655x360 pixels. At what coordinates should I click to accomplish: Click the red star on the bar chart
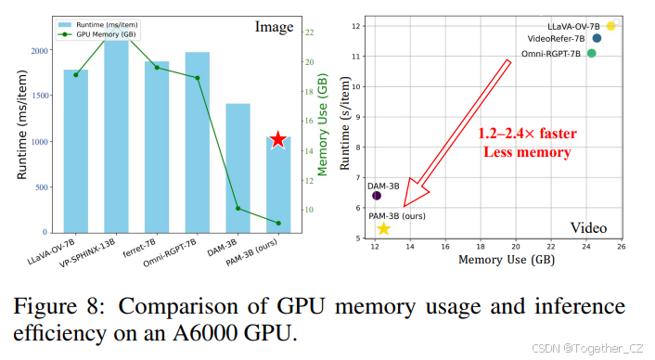(x=277, y=139)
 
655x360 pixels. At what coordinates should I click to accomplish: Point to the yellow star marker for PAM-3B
(x=383, y=228)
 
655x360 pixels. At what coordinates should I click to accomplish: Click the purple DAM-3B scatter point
(x=377, y=196)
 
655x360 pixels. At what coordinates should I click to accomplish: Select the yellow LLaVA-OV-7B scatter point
(x=611, y=26)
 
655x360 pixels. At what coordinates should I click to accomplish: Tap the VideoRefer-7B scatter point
(x=597, y=38)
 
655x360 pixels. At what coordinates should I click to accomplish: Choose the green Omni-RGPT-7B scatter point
(x=592, y=53)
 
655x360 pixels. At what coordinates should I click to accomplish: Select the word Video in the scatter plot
(x=589, y=226)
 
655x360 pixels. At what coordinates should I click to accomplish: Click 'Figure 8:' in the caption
(x=72, y=306)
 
